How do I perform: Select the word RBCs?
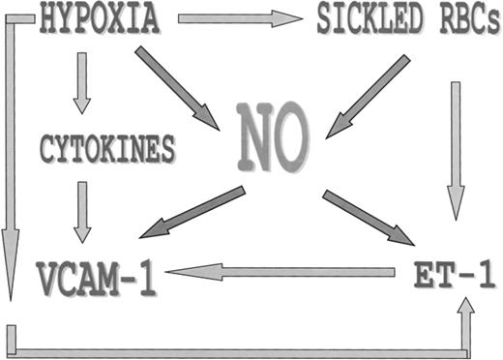(454, 20)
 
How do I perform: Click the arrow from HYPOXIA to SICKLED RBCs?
(240, 18)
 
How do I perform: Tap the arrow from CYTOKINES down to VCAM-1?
(82, 211)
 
